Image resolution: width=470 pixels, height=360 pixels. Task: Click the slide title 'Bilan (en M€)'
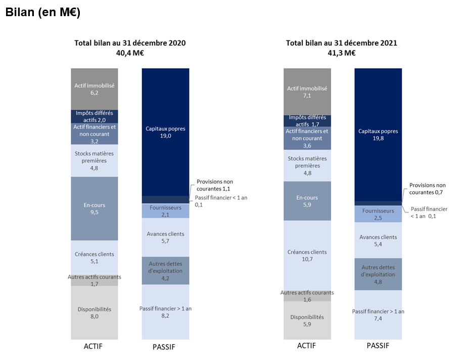click(43, 13)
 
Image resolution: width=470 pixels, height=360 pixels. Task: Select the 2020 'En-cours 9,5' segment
click(95, 209)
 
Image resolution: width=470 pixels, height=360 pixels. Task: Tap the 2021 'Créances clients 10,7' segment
click(307, 255)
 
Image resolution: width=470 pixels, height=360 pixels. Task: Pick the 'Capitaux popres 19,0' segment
click(166, 132)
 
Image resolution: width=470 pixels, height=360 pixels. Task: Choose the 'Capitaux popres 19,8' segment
click(378, 134)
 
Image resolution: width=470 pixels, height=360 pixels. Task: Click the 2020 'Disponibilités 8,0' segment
click(95, 313)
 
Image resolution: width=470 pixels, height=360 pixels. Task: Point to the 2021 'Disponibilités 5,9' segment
click(307, 321)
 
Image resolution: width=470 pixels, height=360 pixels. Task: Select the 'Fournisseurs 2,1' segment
click(166, 211)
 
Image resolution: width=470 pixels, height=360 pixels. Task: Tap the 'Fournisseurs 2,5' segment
click(378, 214)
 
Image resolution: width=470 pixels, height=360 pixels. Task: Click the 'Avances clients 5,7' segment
click(166, 237)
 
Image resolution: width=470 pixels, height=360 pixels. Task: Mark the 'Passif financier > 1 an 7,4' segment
click(378, 315)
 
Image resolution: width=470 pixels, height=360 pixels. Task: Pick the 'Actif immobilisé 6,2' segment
click(95, 89)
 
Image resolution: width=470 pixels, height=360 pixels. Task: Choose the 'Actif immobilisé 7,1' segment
click(307, 91)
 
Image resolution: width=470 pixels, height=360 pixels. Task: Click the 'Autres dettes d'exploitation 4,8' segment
click(378, 274)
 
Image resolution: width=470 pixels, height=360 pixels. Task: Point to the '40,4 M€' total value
click(130, 53)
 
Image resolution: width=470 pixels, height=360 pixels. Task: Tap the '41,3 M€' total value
click(342, 53)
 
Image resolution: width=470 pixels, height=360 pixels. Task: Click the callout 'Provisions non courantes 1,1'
click(215, 185)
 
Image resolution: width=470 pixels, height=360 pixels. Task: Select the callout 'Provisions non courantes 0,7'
click(428, 189)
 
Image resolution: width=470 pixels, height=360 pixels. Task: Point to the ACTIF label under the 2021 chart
click(307, 346)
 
